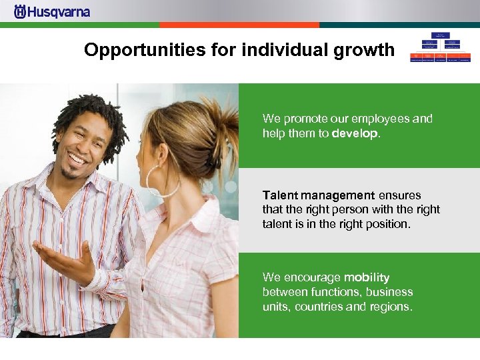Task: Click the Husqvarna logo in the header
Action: click(52, 12)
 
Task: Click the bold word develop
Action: click(355, 133)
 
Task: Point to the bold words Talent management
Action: click(319, 195)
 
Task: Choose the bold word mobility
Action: click(367, 277)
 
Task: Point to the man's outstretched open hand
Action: click(63, 257)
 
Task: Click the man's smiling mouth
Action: click(78, 159)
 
